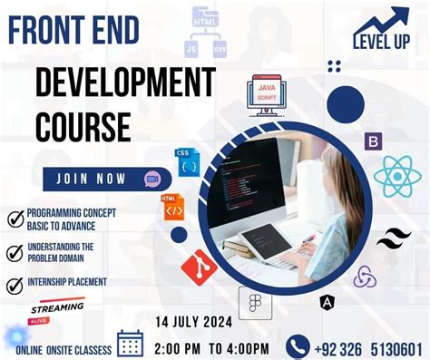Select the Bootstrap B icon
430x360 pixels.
[x=373, y=141]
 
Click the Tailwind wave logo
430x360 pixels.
[x=394, y=239]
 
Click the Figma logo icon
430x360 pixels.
[x=255, y=303]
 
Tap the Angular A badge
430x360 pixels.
[x=327, y=302]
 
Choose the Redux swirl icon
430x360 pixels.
[x=365, y=277]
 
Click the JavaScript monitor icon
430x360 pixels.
[x=267, y=97]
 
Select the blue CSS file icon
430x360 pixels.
[x=188, y=162]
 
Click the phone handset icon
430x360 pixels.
[x=298, y=346]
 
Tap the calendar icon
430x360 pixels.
[x=131, y=344]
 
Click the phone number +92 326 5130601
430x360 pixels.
[x=369, y=347]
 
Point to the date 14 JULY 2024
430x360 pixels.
[x=195, y=322]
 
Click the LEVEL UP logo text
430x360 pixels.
[x=381, y=41]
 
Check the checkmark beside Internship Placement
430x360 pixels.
[x=15, y=285]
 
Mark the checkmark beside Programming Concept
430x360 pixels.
[x=15, y=219]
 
